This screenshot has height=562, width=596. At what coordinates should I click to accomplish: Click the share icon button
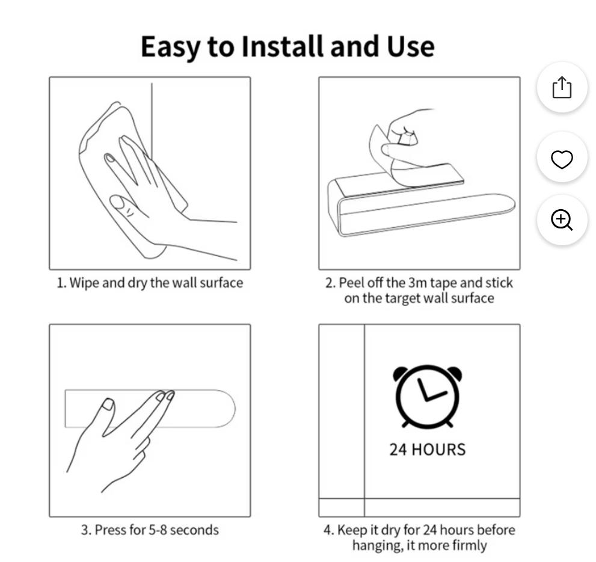click(562, 87)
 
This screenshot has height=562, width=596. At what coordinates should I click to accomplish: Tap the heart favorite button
click(562, 157)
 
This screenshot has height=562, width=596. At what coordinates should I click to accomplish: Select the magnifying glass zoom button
click(562, 219)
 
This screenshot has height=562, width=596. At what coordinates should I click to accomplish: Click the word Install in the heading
click(284, 46)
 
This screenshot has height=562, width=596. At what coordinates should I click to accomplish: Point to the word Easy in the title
click(171, 47)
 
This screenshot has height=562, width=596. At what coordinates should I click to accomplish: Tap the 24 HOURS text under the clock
click(428, 450)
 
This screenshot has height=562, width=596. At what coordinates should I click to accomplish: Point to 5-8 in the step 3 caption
click(158, 530)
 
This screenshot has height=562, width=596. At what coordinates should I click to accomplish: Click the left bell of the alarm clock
click(401, 373)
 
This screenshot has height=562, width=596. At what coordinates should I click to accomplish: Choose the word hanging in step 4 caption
click(376, 545)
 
